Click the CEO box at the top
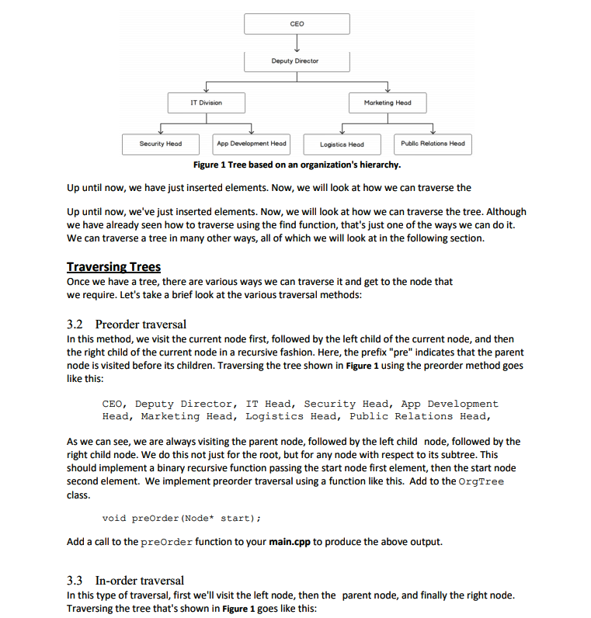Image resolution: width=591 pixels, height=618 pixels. (x=296, y=24)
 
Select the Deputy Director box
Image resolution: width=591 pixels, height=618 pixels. (x=296, y=61)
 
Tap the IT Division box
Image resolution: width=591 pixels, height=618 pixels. (x=207, y=102)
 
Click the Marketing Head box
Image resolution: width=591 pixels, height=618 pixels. (x=387, y=102)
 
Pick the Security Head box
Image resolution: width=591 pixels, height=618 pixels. (x=160, y=144)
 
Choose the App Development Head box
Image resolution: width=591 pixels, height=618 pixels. (x=252, y=144)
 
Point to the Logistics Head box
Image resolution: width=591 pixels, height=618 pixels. (x=342, y=144)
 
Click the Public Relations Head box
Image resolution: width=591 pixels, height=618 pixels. (x=433, y=144)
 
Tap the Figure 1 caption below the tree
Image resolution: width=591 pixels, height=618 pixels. (x=297, y=165)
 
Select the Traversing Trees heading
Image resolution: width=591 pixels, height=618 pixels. (x=114, y=267)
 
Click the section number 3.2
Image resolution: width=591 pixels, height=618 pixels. (x=76, y=324)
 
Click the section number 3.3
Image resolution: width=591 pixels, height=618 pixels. (x=76, y=580)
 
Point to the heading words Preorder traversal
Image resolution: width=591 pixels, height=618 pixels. (x=141, y=324)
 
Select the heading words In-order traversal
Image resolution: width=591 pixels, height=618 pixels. (x=140, y=580)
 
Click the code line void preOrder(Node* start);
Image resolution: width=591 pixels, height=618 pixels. (x=181, y=518)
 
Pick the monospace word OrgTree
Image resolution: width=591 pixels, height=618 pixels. (x=481, y=481)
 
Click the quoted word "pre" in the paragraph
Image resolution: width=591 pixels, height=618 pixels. (x=388, y=352)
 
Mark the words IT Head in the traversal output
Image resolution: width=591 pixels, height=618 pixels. (x=268, y=404)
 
